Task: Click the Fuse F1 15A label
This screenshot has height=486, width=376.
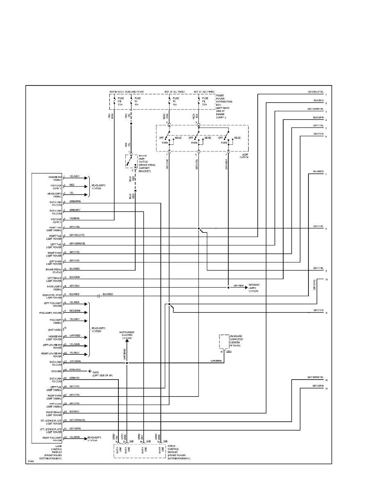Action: click(136, 101)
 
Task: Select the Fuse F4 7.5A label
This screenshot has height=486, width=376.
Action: click(204, 101)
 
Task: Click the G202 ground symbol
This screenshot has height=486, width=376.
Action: click(88, 371)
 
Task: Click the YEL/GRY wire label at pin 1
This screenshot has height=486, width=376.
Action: click(75, 176)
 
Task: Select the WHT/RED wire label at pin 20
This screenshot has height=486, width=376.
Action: click(75, 336)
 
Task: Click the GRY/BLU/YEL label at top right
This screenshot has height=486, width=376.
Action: click(315, 92)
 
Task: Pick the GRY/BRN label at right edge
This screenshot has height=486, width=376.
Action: click(318, 386)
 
